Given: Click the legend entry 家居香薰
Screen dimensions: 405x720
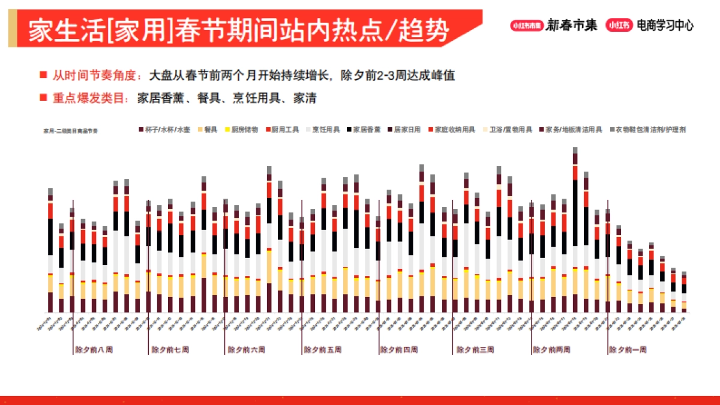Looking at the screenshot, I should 366,130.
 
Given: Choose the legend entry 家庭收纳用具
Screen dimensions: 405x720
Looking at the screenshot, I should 455,130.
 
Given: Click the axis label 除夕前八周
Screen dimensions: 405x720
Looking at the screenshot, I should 94,349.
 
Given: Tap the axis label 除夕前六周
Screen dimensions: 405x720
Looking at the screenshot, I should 246,349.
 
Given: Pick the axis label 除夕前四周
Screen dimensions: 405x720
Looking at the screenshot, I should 398,349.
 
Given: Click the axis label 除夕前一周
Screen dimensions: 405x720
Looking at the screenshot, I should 628,349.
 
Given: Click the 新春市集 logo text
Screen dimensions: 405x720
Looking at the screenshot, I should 571,26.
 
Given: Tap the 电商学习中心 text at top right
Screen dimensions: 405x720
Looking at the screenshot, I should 665,26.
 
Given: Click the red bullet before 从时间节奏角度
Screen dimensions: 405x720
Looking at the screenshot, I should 43,76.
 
